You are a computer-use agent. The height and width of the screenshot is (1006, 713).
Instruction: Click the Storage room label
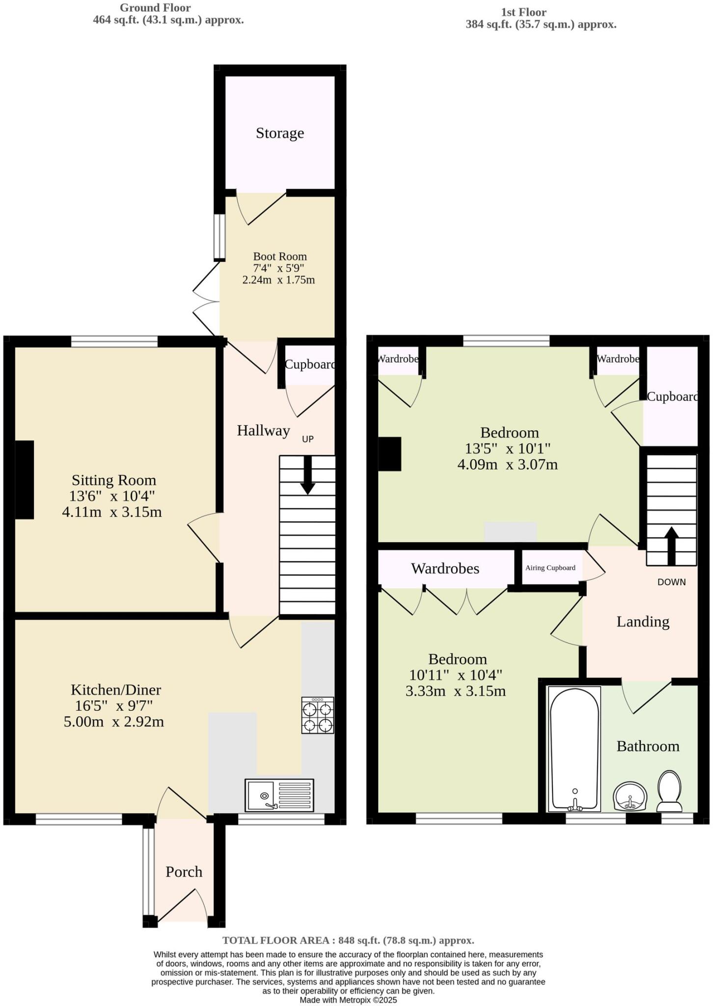[280, 133]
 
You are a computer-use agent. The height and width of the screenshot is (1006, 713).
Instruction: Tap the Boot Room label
[280, 256]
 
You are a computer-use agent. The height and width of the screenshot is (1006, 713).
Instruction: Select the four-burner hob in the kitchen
[318, 716]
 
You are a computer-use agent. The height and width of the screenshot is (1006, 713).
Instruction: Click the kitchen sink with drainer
[279, 795]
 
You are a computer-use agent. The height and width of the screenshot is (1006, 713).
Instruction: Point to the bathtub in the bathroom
[575, 749]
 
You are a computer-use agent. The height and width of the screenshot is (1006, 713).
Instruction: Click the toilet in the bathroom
[669, 791]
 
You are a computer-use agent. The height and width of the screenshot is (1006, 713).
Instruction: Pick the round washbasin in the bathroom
[630, 796]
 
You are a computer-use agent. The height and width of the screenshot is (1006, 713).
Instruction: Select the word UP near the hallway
[307, 439]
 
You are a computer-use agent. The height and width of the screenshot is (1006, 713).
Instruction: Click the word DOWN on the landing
[671, 582]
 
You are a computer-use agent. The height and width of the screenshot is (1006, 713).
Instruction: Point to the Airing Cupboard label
[550, 568]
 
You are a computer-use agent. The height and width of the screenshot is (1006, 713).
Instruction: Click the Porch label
[184, 872]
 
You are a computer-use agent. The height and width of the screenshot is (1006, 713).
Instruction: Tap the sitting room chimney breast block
[25, 479]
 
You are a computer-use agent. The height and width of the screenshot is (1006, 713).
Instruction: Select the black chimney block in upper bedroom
[390, 454]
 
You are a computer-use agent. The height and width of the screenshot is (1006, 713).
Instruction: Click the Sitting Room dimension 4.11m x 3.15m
[112, 512]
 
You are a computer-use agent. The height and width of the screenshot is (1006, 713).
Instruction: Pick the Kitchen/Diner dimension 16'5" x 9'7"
[114, 706]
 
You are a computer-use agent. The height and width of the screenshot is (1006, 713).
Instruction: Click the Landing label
[643, 622]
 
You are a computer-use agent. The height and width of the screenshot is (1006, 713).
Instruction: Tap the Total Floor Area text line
[348, 940]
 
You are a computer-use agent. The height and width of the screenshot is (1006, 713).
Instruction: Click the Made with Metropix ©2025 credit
[348, 1000]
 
